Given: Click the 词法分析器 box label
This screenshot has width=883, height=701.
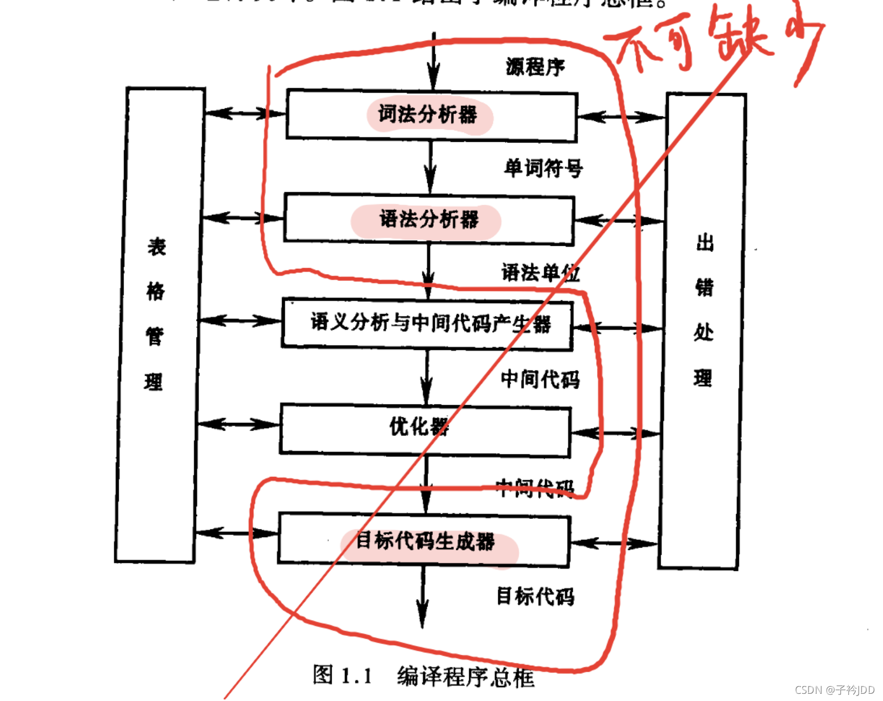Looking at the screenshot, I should (428, 115).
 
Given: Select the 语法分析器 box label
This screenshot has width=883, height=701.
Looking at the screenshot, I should (429, 219).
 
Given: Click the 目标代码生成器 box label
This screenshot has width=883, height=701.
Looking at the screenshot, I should (425, 541).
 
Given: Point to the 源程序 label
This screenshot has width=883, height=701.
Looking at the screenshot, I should (535, 67).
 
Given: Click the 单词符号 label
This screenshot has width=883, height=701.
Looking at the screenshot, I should (543, 168).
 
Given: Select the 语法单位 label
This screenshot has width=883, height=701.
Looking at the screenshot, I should (540, 273).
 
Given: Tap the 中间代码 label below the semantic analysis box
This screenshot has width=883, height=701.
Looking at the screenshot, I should (540, 379).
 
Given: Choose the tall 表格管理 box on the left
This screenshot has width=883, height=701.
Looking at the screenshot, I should (157, 326).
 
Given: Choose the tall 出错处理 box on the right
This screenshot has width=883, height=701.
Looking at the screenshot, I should (703, 331).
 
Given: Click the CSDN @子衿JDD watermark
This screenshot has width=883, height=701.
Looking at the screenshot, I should (834, 690).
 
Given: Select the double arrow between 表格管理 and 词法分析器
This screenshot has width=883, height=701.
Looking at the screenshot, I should (245, 114).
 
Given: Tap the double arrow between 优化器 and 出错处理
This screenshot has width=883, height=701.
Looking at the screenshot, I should (615, 433).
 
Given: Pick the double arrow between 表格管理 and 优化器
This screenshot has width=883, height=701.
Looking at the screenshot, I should (238, 424).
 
